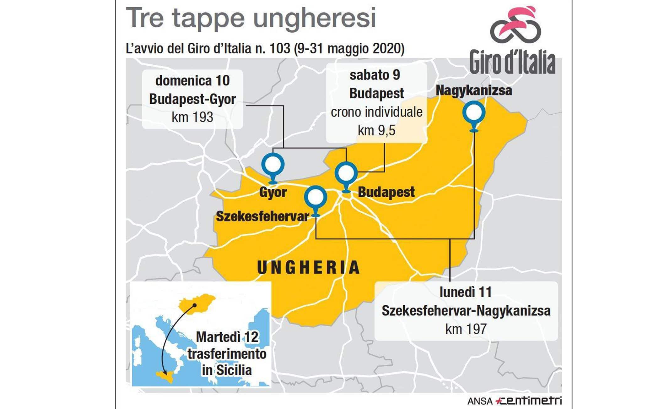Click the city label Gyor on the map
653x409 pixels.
273,192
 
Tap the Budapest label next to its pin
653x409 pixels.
386,192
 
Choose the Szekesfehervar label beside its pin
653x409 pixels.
262,217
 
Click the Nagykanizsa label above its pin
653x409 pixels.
474,90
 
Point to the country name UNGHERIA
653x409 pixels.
308,268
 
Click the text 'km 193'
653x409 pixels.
192,117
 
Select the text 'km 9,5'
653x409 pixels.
376,130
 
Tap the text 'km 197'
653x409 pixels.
466,329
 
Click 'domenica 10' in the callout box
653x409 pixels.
192,81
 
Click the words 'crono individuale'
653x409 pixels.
376,112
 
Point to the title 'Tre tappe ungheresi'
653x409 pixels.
250,18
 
